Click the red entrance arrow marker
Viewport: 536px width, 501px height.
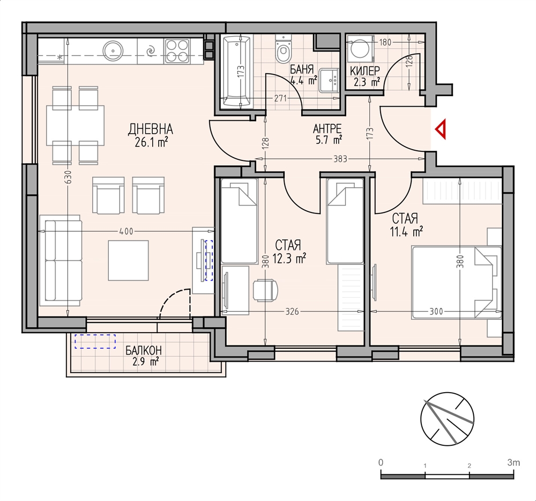click(442, 129)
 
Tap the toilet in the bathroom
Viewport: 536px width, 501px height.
click(282, 50)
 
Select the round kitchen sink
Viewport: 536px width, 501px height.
click(113, 50)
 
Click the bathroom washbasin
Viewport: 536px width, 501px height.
click(329, 80)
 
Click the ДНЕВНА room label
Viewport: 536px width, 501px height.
click(151, 130)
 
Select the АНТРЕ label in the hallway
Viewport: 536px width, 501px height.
click(327, 129)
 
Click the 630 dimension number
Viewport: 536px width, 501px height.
click(69, 177)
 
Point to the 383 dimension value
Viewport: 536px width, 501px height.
click(340, 159)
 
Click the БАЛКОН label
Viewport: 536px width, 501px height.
click(143, 350)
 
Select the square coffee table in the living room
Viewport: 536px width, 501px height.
click(129, 261)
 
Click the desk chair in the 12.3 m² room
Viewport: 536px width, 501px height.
click(266, 290)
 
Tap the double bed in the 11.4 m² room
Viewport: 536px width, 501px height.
click(456, 283)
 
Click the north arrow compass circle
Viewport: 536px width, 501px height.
click(447, 418)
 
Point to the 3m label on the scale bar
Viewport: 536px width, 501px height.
click(513, 463)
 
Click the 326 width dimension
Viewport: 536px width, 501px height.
click(292, 312)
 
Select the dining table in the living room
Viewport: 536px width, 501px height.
click(75, 125)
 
